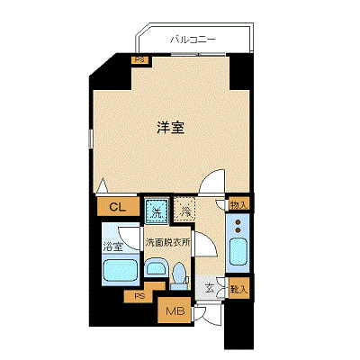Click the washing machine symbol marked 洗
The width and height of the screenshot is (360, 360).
click(x=156, y=212)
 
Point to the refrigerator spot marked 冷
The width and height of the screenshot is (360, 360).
click(x=183, y=212)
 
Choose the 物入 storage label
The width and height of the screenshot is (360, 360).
click(x=238, y=206)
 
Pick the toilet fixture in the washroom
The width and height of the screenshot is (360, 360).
click(x=179, y=272)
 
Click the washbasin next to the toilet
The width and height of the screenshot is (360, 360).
click(x=156, y=266)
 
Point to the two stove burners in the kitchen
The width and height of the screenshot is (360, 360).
click(x=238, y=229)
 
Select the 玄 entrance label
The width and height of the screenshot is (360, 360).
click(x=209, y=288)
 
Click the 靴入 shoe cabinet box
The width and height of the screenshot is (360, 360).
click(x=238, y=288)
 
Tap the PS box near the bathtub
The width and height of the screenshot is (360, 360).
click(x=139, y=296)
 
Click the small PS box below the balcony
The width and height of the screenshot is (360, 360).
click(x=139, y=60)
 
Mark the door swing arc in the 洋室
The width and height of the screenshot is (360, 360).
click(x=211, y=183)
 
